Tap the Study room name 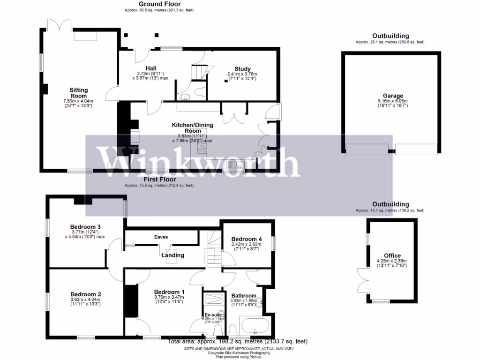click(x=242, y=69)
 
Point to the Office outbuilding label click(x=392, y=255)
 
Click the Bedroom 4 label click(x=246, y=239)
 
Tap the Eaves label click(x=161, y=237)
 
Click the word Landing click(x=172, y=255)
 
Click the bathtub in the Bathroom click(x=254, y=325)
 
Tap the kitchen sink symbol click(x=235, y=164)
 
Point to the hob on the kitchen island click(x=202, y=148)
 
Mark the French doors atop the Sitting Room click(x=60, y=24)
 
